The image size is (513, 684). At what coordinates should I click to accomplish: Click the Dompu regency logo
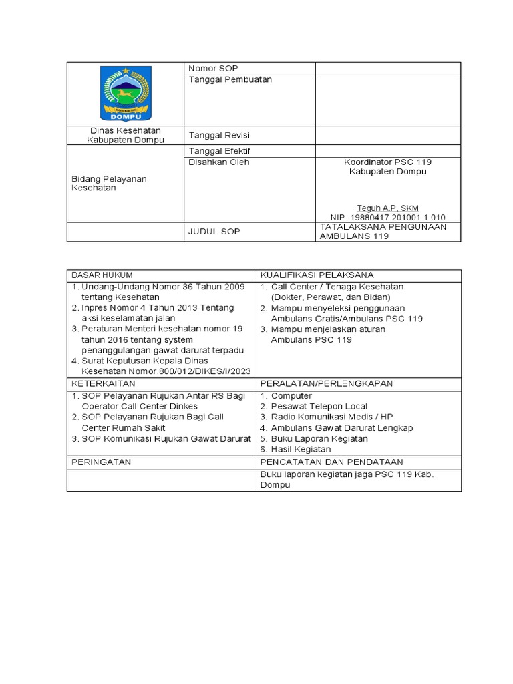[x=126, y=93]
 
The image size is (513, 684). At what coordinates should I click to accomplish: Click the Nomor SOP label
[x=213, y=69]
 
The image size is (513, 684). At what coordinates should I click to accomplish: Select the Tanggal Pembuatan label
[x=230, y=79]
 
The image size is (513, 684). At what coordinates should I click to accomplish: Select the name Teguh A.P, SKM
[x=387, y=208]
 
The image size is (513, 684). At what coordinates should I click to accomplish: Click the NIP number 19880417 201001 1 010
[x=387, y=217]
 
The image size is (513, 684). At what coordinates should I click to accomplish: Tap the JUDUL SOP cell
[x=214, y=232]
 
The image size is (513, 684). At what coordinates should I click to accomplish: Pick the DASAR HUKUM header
[x=102, y=275]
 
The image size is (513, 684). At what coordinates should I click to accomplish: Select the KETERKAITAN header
[x=104, y=383]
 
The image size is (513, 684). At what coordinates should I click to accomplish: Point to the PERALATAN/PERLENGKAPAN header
[x=326, y=383]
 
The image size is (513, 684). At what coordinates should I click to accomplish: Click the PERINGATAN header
[x=102, y=462]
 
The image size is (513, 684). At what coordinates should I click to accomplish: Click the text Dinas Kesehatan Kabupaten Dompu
[x=126, y=135]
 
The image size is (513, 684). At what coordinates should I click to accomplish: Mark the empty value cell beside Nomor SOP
[x=387, y=69]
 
